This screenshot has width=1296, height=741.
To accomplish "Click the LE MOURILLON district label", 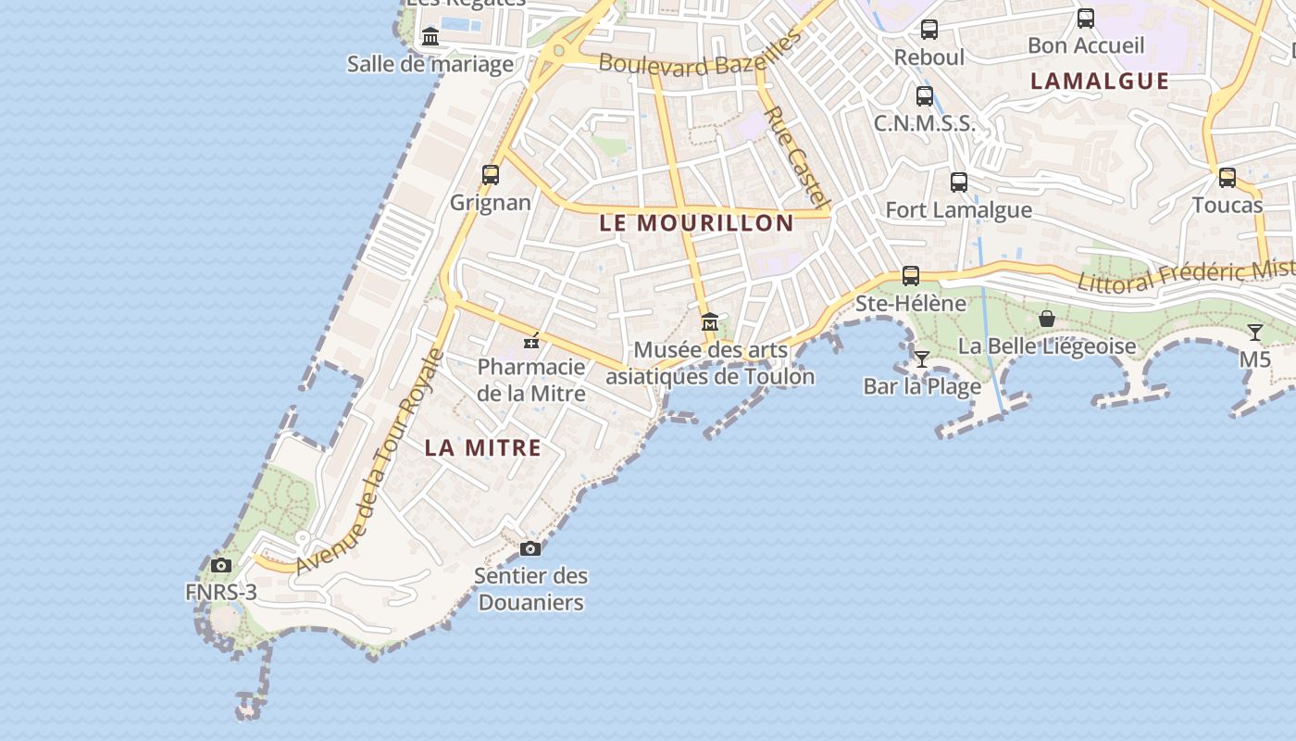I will click(x=696, y=223).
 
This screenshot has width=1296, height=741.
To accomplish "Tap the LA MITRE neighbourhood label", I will click(x=482, y=448).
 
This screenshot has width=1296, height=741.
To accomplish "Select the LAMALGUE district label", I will click(x=1100, y=82).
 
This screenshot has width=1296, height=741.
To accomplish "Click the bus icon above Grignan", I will click(x=491, y=174).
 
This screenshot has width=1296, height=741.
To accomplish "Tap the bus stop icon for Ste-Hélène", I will click(x=911, y=276).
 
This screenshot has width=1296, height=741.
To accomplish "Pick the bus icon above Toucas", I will click(x=1227, y=178).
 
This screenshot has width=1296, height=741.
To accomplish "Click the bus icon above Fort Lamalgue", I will click(x=959, y=182).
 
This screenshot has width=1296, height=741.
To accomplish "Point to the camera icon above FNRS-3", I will click(x=220, y=565).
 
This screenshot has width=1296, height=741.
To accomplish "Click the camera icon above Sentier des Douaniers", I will click(x=530, y=548).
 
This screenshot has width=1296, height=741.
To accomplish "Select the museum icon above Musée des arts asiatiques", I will click(x=710, y=322).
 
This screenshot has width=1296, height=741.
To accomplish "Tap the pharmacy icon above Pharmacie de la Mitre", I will click(x=531, y=341).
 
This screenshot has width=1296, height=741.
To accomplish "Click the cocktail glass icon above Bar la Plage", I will click(x=922, y=358).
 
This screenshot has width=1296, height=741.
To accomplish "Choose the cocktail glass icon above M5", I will click(x=1255, y=333).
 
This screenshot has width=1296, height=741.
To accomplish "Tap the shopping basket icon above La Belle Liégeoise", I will click(x=1047, y=319).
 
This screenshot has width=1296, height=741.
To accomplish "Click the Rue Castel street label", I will click(x=795, y=155).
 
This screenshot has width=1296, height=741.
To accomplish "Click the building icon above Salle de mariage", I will click(x=430, y=37).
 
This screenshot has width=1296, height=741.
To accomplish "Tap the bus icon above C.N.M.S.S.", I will click(x=924, y=96).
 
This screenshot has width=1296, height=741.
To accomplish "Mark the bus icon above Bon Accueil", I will click(x=1086, y=18).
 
